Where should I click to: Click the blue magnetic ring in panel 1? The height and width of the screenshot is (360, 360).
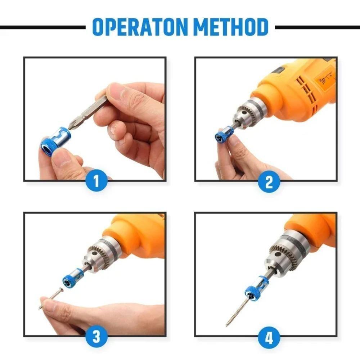[55, 141]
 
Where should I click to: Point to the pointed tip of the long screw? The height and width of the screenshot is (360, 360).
[228, 325]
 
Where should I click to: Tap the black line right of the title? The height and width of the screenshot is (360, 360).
[317, 27]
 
